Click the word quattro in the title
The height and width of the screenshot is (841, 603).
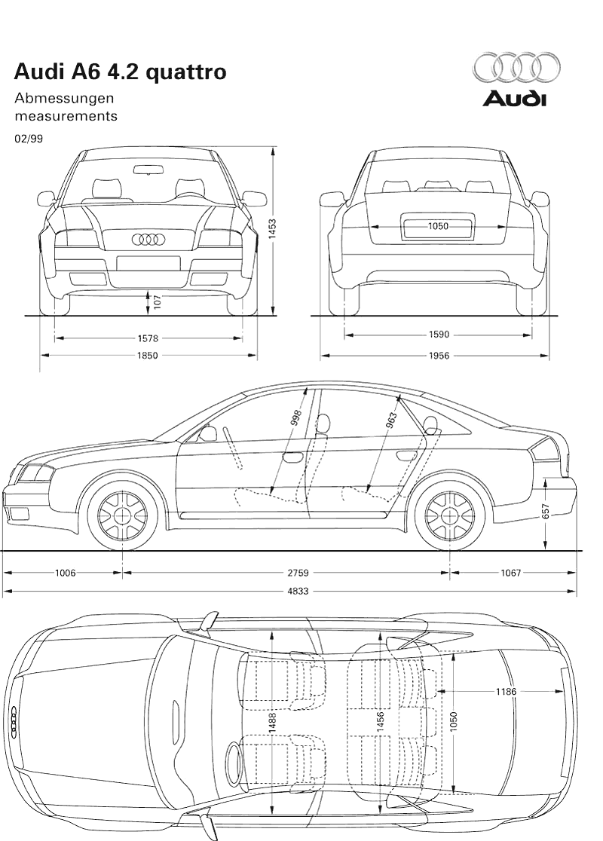(186, 72)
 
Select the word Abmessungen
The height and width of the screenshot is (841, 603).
(64, 98)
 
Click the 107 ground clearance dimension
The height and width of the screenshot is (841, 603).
(157, 301)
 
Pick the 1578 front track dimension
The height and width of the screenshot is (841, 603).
(148, 338)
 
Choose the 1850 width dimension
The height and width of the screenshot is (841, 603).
(148, 356)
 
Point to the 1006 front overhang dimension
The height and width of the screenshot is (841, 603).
(66, 573)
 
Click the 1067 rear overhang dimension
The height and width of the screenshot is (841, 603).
(510, 573)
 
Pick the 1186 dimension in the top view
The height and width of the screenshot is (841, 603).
(506, 691)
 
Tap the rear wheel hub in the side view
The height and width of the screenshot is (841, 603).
(450, 515)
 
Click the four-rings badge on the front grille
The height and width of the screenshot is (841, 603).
(148, 240)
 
